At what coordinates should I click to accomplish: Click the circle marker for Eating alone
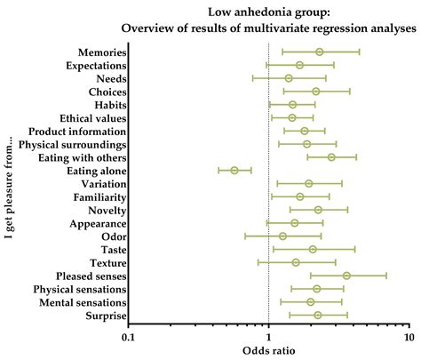[234, 170]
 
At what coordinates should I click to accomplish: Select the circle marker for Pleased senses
[346, 276]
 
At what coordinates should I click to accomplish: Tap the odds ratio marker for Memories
[320, 52]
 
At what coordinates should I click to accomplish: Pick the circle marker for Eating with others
[331, 157]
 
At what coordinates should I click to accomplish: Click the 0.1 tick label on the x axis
[128, 339]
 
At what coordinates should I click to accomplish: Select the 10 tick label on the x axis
[409, 339]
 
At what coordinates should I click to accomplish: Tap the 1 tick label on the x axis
[268, 339]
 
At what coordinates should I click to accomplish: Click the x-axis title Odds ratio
[268, 352]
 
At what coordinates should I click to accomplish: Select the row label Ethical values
[93, 118]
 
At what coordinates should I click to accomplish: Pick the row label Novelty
[107, 210]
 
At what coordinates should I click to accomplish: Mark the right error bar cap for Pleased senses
[386, 276]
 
